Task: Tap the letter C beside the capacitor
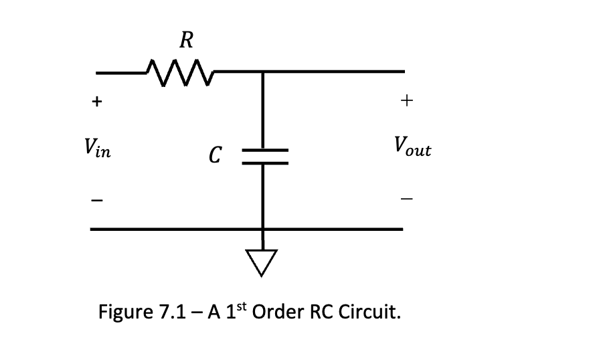pos(214,157)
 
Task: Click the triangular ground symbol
pos(263,261)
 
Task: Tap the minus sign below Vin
pos(97,199)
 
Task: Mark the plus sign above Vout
pos(408,101)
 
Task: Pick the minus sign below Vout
pos(408,199)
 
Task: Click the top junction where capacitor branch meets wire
pos(263,71)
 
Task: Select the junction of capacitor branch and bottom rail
pos(263,230)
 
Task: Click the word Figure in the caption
pos(121,312)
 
